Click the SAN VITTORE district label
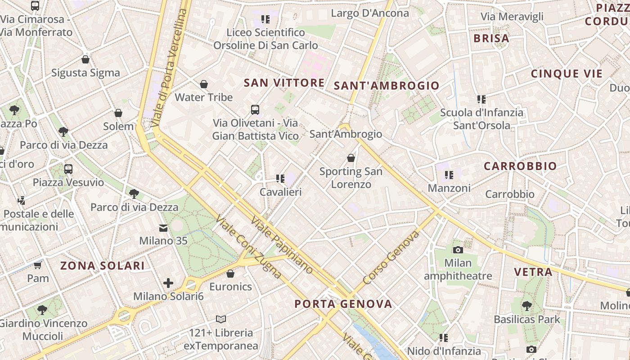[283, 83]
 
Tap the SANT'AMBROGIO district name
[387, 85]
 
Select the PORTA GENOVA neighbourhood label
[343, 304]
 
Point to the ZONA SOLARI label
[103, 265]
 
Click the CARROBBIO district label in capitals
[520, 166]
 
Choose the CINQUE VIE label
[567, 74]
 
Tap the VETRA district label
[533, 272]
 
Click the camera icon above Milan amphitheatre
[458, 250]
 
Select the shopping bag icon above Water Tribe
[204, 84]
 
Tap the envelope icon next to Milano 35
[163, 228]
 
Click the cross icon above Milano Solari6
[168, 283]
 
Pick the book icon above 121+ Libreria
[220, 319]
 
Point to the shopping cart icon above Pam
[38, 265]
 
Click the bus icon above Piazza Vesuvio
[68, 169]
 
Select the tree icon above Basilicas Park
[526, 306]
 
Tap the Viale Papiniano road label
[282, 245]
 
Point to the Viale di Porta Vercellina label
[169, 67]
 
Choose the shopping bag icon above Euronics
[230, 274]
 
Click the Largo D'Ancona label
[370, 13]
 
